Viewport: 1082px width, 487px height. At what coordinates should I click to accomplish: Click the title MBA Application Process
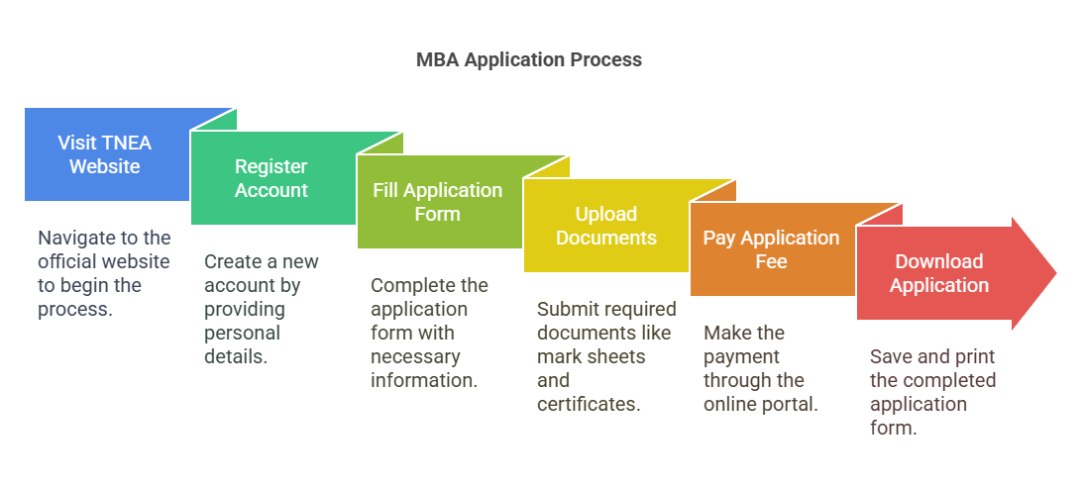528,59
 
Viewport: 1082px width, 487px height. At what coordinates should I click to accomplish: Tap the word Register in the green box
270,166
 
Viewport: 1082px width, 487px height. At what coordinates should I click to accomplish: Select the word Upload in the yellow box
605,214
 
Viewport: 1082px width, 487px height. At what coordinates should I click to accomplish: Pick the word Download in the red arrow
938,261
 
